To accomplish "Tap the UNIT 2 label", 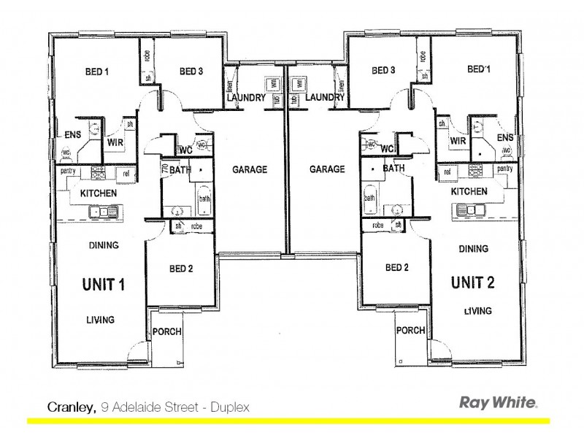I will pyautogui.click(x=474, y=282).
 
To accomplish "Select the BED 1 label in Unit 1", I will pyautogui.click(x=96, y=72).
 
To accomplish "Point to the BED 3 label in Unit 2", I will pyautogui.click(x=383, y=71).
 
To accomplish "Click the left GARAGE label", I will pyautogui.click(x=250, y=169).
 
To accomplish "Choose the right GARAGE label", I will pyautogui.click(x=327, y=169).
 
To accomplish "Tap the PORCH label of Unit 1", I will pyautogui.click(x=167, y=332).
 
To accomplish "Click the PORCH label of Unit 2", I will pyautogui.click(x=411, y=331).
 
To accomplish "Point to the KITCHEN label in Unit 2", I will pyautogui.click(x=469, y=191).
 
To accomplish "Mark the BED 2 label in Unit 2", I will pyautogui.click(x=396, y=268).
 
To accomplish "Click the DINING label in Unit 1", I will pyautogui.click(x=104, y=246).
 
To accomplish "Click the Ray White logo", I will pyautogui.click(x=498, y=402).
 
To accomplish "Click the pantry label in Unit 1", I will pyautogui.click(x=69, y=171).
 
